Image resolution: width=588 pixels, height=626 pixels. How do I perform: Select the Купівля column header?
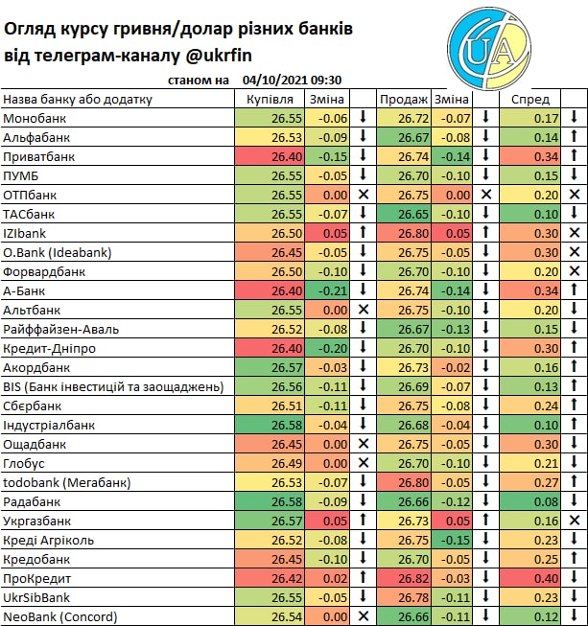click(270, 99)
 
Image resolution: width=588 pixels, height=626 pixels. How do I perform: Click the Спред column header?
click(529, 99)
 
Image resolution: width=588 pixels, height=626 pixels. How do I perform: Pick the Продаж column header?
click(404, 99)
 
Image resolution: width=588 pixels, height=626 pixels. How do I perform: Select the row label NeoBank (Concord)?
click(59, 616)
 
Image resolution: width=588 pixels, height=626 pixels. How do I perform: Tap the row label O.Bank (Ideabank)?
click(57, 252)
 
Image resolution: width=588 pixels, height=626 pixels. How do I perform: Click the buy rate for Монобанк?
click(261, 118)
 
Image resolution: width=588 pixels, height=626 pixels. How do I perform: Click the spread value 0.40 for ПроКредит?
click(546, 578)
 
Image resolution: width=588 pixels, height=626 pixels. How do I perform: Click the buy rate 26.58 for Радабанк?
click(261, 501)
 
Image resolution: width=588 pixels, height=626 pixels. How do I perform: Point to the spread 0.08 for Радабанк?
click(546, 501)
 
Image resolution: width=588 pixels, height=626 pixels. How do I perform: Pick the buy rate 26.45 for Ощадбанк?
click(261, 444)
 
